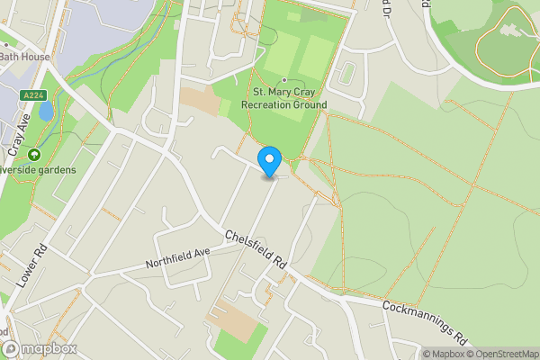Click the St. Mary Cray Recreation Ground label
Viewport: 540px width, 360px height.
tap(283, 99)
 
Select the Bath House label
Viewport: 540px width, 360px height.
tap(24, 57)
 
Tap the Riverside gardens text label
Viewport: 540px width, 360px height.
tap(40, 169)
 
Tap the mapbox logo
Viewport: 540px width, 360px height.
tap(40, 348)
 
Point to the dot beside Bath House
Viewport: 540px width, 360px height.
tap(4, 41)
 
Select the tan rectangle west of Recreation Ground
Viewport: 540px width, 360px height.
tap(200, 101)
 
